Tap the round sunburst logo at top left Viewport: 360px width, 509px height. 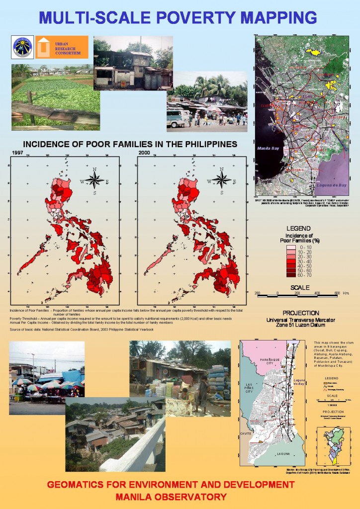(x=22, y=47)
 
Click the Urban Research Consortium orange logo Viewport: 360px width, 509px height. (x=62, y=47)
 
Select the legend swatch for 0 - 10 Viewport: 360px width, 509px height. (x=292, y=247)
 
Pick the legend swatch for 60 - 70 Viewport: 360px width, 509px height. (x=292, y=274)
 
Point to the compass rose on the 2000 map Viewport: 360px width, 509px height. (x=223, y=179)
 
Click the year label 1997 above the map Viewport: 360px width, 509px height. (x=17, y=153)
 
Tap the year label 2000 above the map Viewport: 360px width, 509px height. (x=144, y=153)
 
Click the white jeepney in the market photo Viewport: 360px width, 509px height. (x=179, y=118)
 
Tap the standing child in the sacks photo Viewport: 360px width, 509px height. (x=203, y=393)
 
